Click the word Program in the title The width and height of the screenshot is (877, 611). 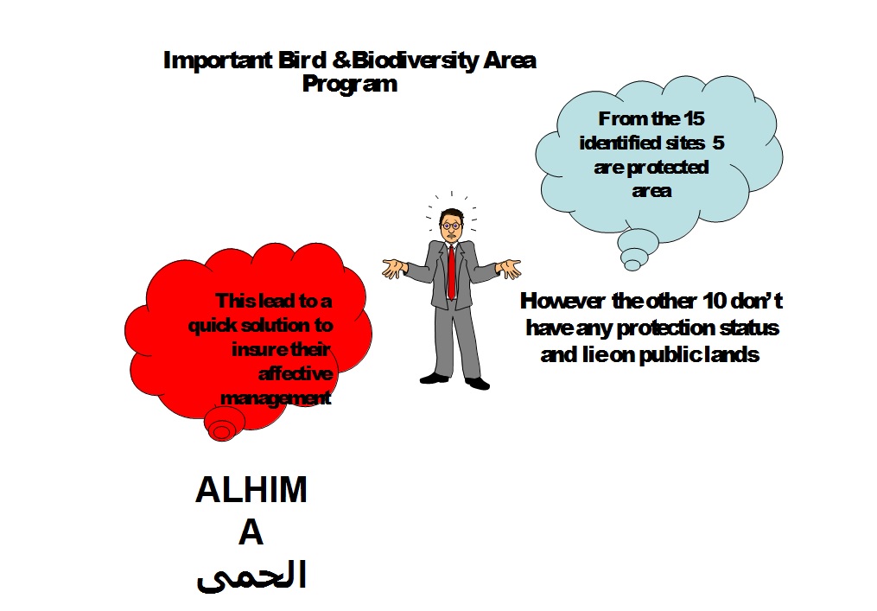pyautogui.click(x=350, y=84)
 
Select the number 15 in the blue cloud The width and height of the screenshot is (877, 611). pyautogui.click(x=694, y=120)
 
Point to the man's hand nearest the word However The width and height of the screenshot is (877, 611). pyautogui.click(x=511, y=267)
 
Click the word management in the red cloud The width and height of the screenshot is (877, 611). pyautogui.click(x=276, y=398)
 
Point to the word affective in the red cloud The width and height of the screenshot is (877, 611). pyautogui.click(x=295, y=373)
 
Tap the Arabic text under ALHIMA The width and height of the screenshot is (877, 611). pyautogui.click(x=251, y=576)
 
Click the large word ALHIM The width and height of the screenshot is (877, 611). pyautogui.click(x=251, y=490)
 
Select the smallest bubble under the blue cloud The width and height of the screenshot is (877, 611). pyautogui.click(x=633, y=264)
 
